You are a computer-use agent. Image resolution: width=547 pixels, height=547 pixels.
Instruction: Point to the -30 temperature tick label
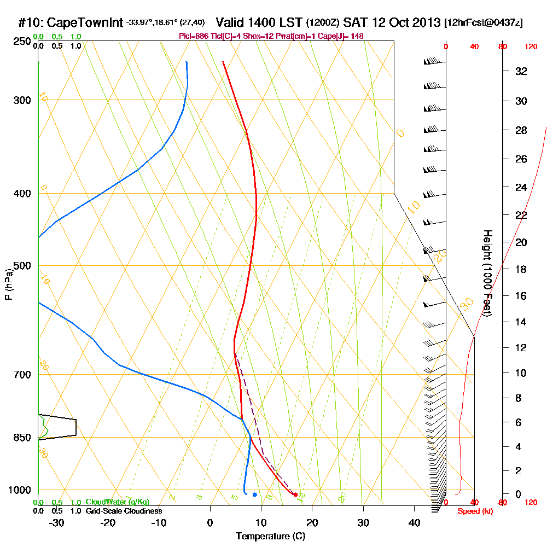point(57,522)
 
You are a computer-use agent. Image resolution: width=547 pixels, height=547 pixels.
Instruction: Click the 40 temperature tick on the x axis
point(414,522)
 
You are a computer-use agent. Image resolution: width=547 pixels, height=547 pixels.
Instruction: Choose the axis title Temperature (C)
point(271,536)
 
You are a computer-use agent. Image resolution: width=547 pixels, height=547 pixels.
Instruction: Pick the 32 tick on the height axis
point(522,71)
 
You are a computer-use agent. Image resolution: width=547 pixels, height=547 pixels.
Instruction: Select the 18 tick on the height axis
point(522,269)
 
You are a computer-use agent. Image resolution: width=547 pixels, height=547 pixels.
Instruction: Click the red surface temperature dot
point(295,494)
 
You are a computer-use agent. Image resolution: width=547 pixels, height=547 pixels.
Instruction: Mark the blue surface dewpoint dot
point(255,494)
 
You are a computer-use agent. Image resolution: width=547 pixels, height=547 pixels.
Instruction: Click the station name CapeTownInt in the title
point(85,22)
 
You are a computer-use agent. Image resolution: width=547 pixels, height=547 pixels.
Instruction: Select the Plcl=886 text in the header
point(194,36)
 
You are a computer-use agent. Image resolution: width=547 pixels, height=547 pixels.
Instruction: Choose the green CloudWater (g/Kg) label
point(118,502)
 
